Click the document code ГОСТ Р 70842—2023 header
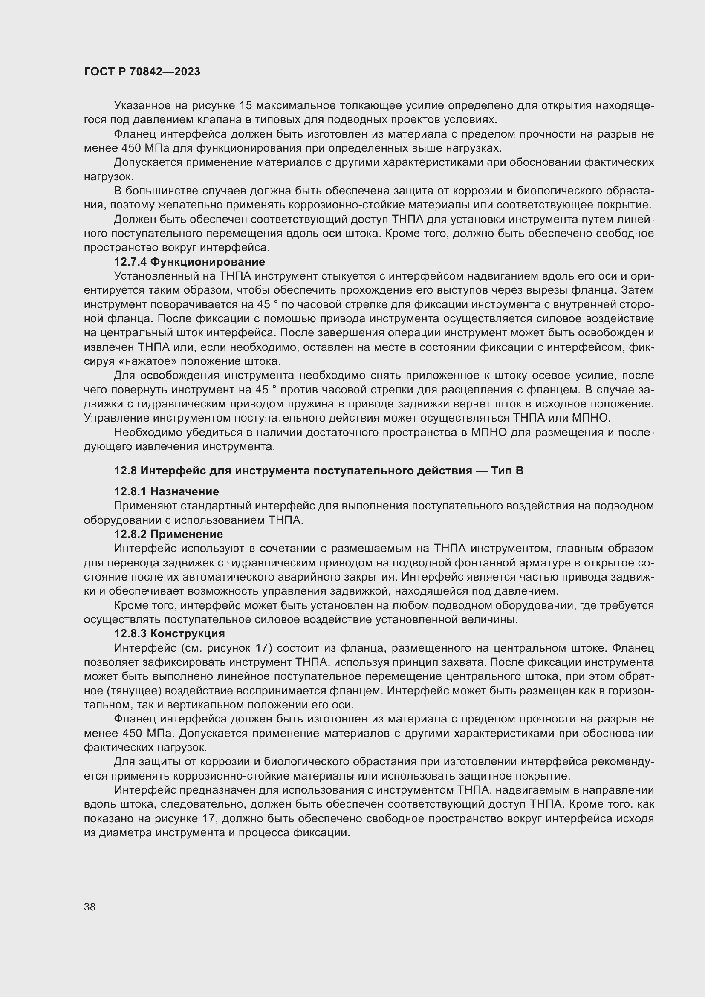(x=142, y=72)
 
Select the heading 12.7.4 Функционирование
(x=189, y=262)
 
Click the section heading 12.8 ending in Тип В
(x=319, y=471)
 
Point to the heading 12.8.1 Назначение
(x=166, y=491)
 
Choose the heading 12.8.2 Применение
(x=168, y=534)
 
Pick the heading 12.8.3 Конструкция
(x=169, y=633)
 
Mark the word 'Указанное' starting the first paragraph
(x=141, y=106)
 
